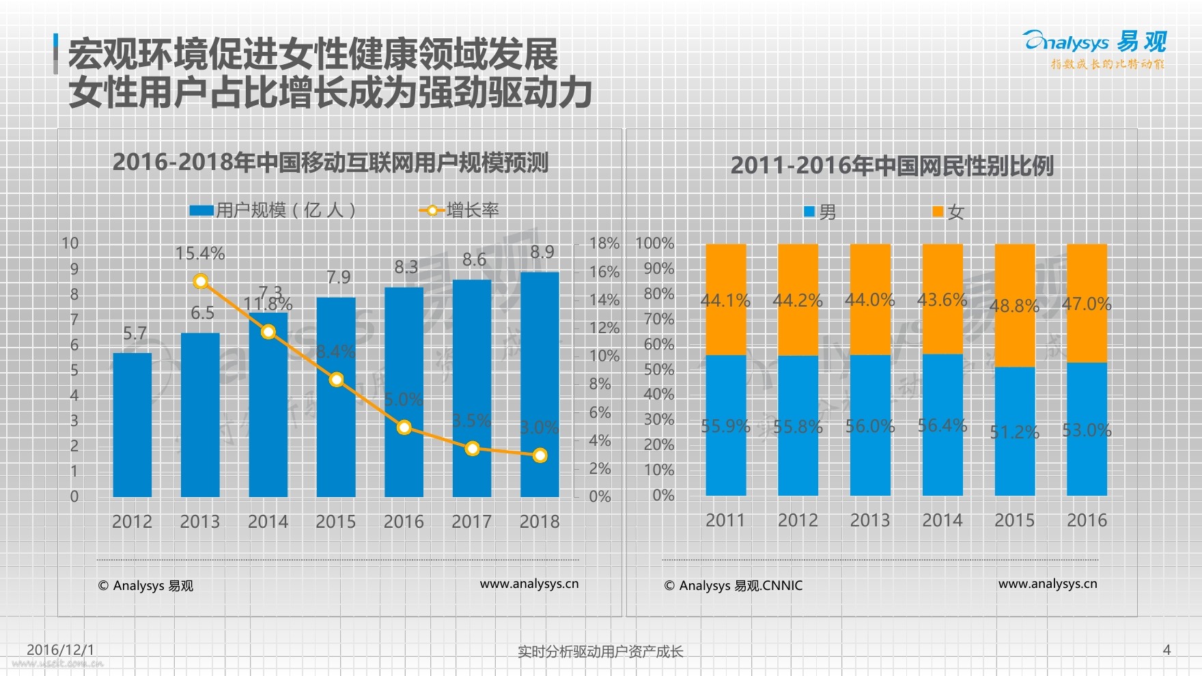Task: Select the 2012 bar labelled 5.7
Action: point(132,424)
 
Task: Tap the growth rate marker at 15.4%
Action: point(201,281)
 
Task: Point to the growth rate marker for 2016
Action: point(404,427)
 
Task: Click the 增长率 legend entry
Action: point(459,210)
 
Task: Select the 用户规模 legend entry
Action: point(272,210)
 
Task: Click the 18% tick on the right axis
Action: point(604,243)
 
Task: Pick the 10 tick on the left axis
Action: point(70,243)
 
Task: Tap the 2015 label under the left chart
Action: point(335,522)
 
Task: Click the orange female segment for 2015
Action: point(1015,305)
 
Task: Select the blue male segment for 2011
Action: point(726,425)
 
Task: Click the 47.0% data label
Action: point(1087,304)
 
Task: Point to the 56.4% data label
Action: point(942,425)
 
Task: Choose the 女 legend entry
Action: point(949,212)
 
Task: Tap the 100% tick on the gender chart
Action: point(654,243)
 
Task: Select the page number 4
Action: point(1166,649)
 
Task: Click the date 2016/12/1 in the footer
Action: point(60,649)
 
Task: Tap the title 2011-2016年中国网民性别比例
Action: point(892,165)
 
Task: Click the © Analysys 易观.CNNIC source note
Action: point(733,585)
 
